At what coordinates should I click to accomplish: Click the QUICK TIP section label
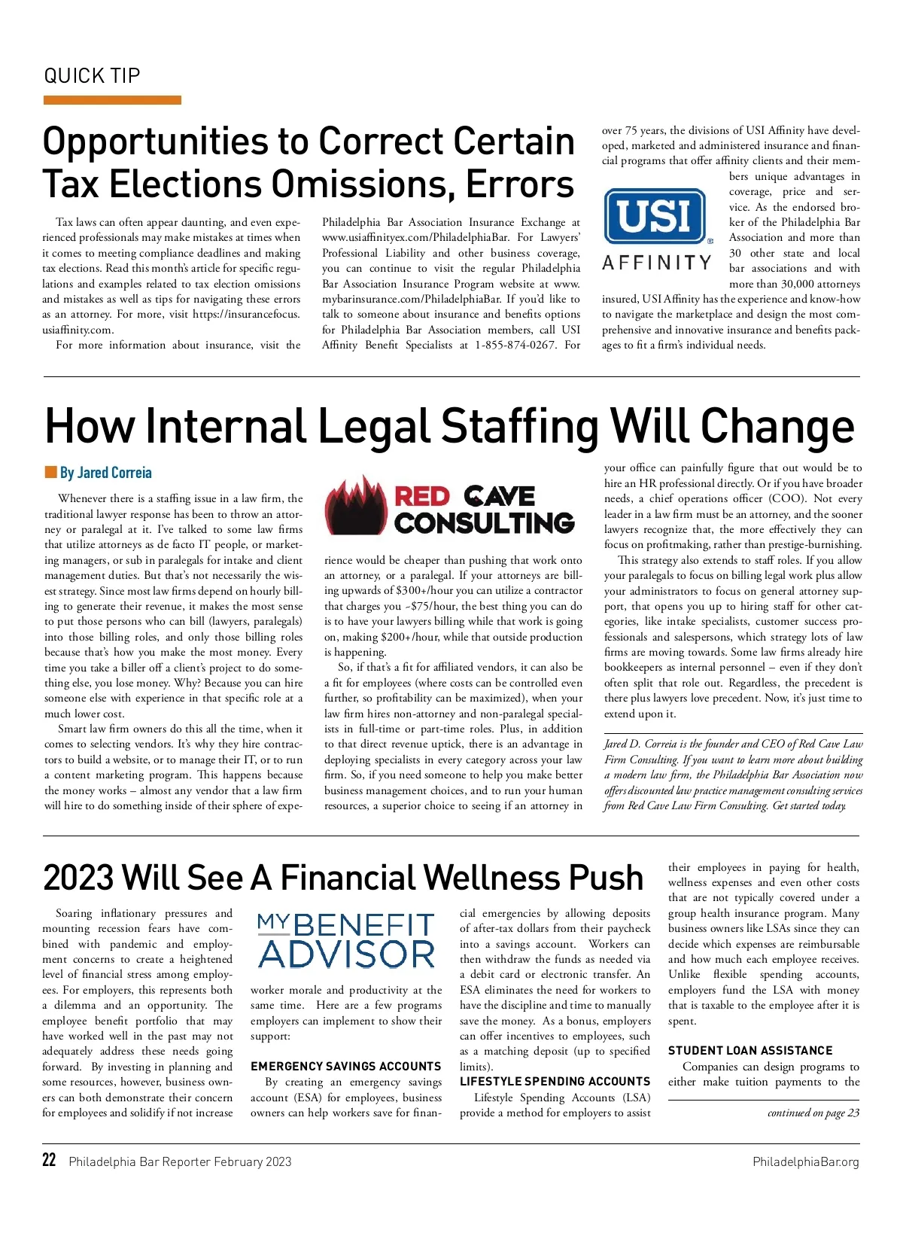[92, 76]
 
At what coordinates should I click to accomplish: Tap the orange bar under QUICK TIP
[112, 100]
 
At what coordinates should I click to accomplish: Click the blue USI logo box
[655, 216]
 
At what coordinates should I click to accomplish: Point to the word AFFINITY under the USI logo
[657, 263]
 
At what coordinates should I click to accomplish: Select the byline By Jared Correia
[106, 473]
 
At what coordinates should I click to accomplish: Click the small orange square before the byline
[50, 472]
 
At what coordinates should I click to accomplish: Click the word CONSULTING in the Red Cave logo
[484, 523]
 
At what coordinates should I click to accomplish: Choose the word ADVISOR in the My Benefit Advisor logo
[346, 954]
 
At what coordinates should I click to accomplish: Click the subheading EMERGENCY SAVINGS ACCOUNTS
[345, 1066]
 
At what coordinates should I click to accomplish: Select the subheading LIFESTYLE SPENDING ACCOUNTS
[555, 1081]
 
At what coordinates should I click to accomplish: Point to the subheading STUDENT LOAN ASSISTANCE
[749, 1050]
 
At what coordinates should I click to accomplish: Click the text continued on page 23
[813, 1113]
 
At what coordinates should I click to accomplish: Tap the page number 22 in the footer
[49, 1160]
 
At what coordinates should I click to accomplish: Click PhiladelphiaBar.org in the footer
[805, 1161]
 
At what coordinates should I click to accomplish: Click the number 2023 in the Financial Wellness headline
[78, 878]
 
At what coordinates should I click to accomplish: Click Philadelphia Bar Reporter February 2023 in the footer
[180, 1161]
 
